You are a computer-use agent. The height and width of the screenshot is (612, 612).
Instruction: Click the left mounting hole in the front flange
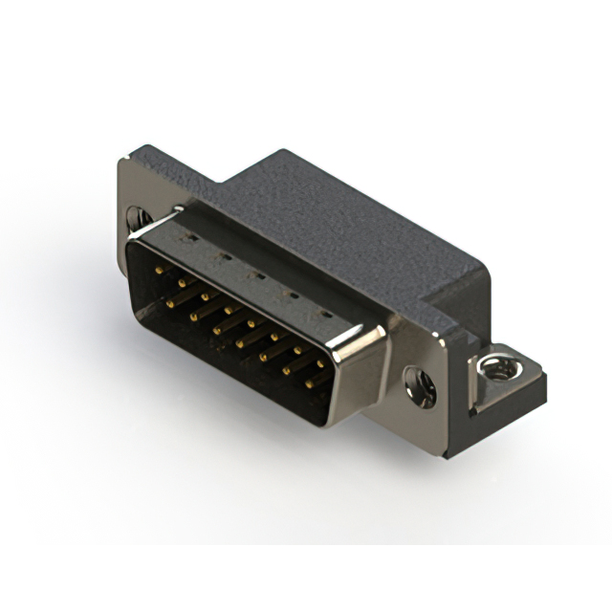click(x=134, y=219)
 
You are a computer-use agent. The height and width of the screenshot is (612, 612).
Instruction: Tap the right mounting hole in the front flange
click(x=422, y=385)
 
